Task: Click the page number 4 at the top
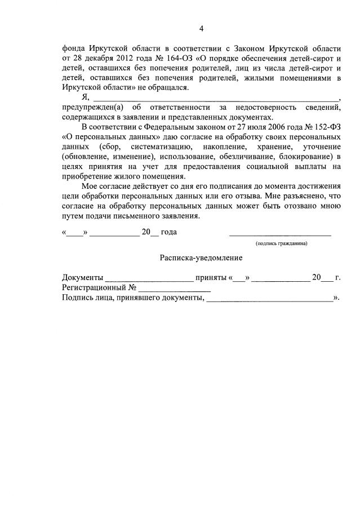[x=201, y=29]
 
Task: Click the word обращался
[x=171, y=88]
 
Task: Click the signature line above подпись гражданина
[x=280, y=235]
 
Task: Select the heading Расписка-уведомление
[x=201, y=258]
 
